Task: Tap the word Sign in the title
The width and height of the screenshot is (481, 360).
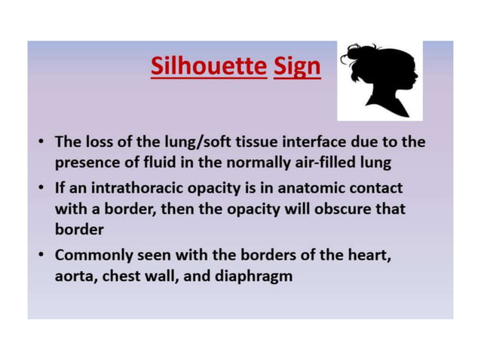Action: pyautogui.click(x=297, y=67)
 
